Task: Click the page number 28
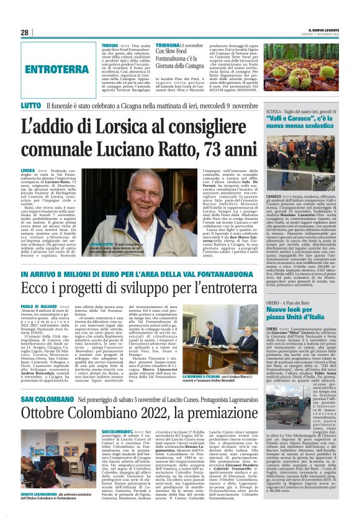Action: coord(25,32)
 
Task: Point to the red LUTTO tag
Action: coord(31,106)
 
